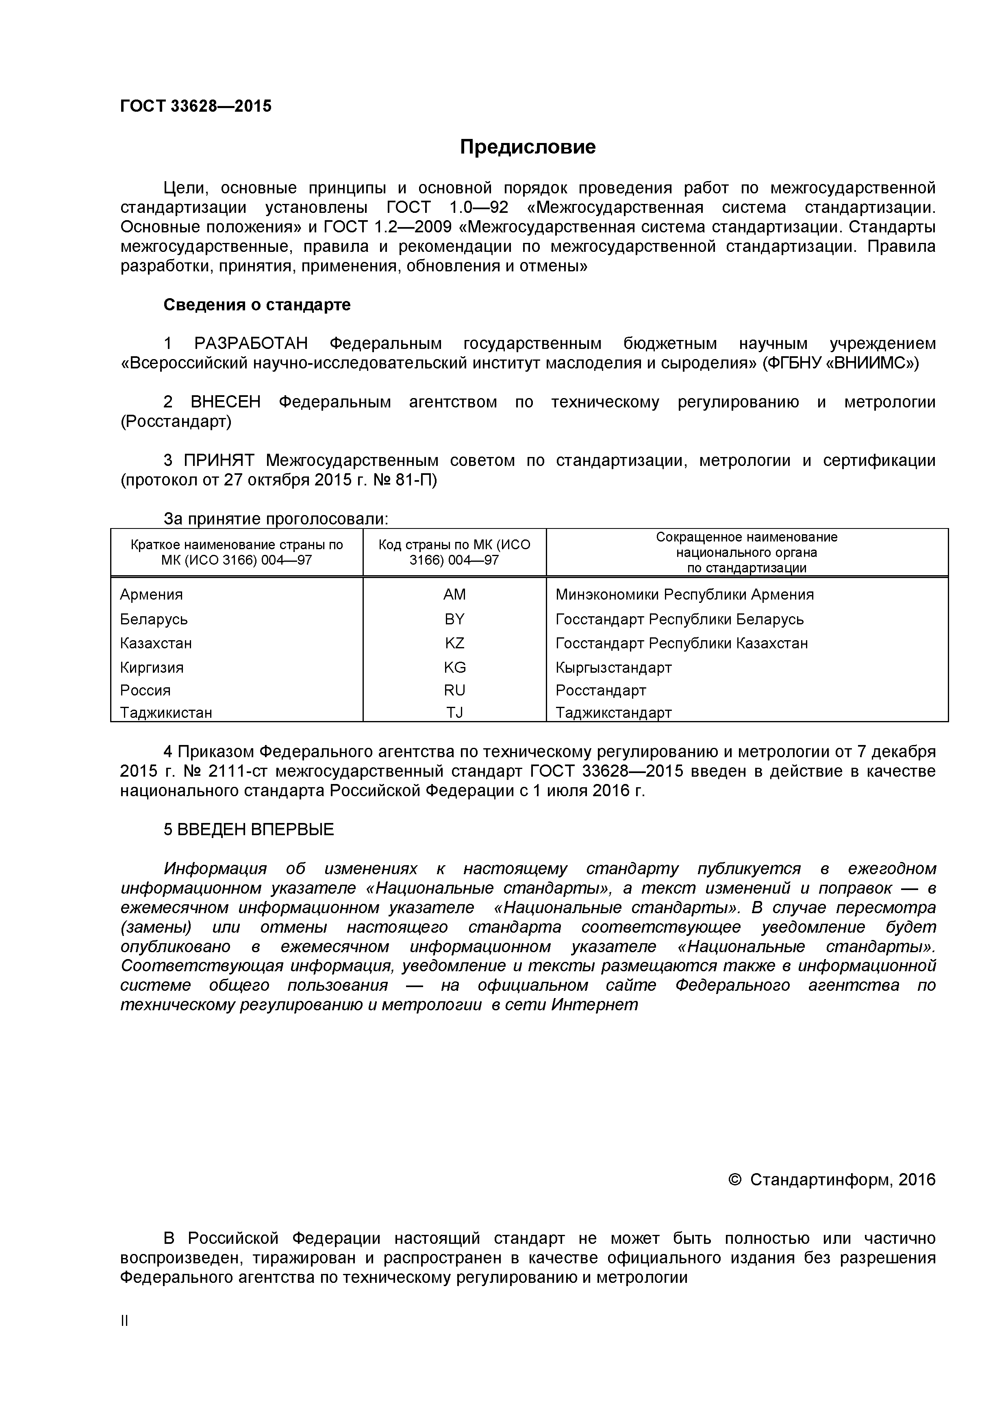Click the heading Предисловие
(x=527, y=147)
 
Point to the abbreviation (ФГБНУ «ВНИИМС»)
(x=840, y=363)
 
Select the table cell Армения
(x=152, y=595)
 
